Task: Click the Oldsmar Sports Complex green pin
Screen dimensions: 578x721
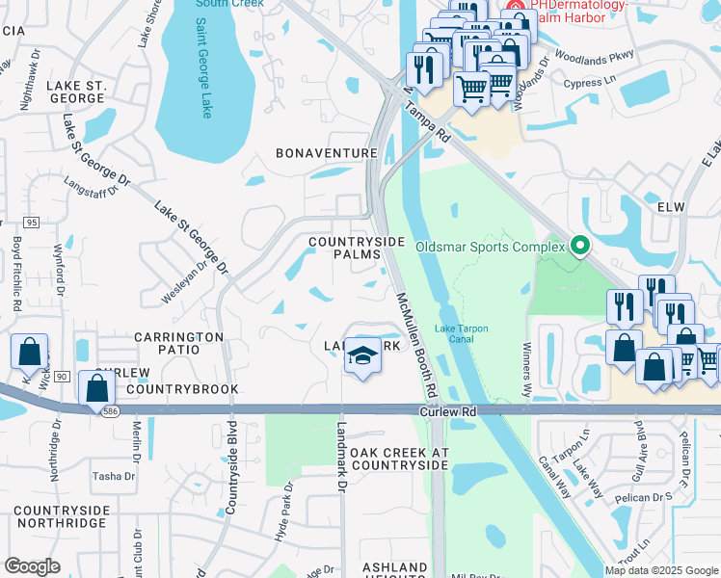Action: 579,247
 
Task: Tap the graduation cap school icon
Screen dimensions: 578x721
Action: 362,357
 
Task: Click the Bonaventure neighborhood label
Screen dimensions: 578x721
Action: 326,153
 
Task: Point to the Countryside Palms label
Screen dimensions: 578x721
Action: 357,248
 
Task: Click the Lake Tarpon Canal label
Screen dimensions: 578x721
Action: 462,334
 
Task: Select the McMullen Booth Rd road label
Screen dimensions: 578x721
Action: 414,341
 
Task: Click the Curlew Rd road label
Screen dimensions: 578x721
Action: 448,411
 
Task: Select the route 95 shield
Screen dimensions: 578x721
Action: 30,223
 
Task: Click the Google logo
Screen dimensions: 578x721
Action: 32,565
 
